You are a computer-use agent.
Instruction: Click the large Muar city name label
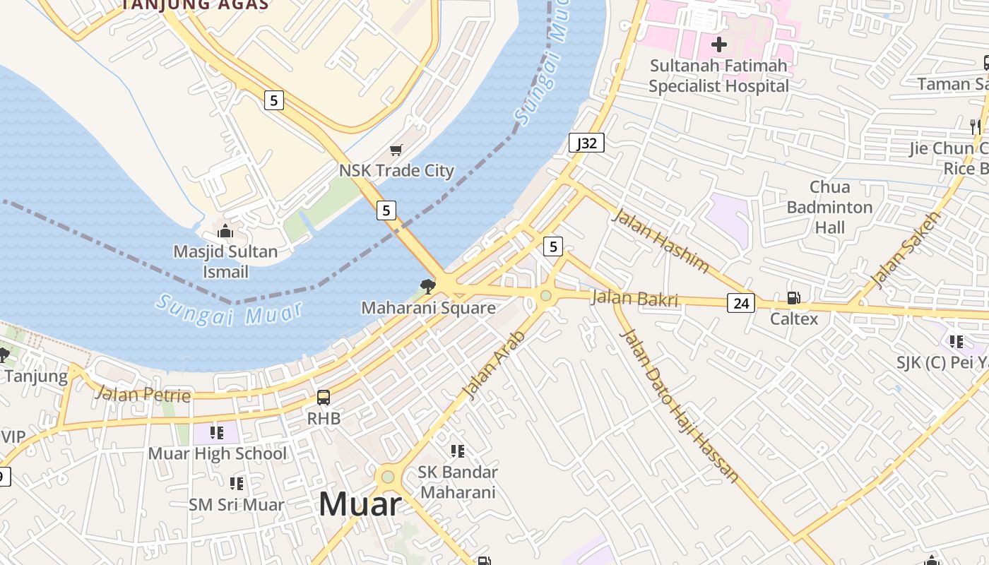coord(360,504)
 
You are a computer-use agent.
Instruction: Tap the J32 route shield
coord(586,143)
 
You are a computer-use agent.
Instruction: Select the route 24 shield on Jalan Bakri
coord(741,303)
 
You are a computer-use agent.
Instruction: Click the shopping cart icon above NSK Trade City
coord(396,150)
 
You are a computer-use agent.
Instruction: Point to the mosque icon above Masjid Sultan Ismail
coord(225,231)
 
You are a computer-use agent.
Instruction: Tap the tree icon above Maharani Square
coord(427,286)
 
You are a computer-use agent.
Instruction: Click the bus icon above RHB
coord(324,398)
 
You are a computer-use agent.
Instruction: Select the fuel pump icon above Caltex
coord(793,298)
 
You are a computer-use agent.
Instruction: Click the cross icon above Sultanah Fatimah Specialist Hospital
coord(718,44)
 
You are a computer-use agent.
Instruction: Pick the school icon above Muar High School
coord(217,432)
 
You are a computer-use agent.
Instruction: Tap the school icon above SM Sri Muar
coord(236,484)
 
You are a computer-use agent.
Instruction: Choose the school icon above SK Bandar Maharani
coord(458,451)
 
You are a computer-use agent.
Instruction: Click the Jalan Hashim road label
coord(660,240)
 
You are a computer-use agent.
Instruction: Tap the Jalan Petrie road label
coord(143,394)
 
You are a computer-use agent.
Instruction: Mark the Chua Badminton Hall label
coord(829,207)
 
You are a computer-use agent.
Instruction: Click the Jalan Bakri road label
coord(634,298)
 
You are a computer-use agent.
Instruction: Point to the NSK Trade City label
coord(396,170)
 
